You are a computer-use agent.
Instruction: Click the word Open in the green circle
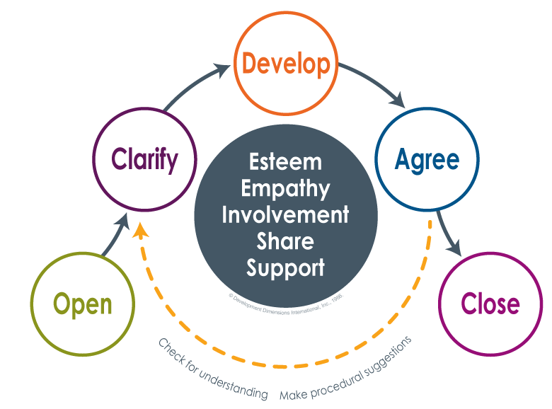pos(83,304)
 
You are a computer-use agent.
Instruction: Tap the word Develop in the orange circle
pos(286,64)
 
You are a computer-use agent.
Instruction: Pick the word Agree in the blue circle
pos(427,159)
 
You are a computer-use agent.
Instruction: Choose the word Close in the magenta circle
pos(490,304)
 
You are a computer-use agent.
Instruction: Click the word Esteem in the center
pos(285,161)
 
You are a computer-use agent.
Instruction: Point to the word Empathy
pos(285,188)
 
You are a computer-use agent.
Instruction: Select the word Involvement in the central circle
pos(285,214)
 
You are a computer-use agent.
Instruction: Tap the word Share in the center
pos(285,241)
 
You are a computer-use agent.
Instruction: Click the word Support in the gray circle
pos(285,267)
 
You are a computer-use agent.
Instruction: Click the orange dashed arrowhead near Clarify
pos(142,230)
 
